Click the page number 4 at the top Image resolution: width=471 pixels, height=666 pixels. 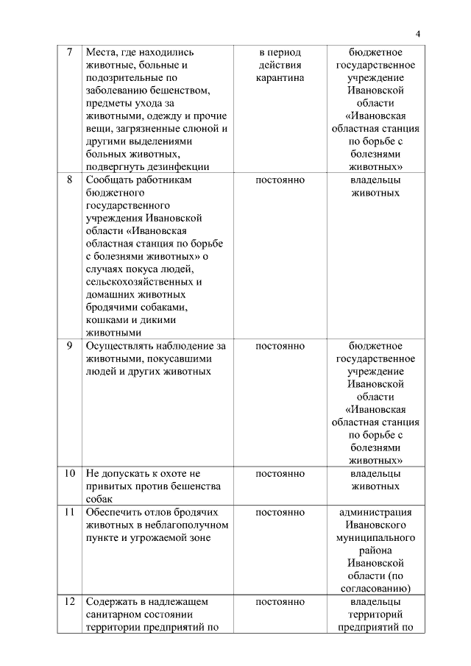[x=417, y=34]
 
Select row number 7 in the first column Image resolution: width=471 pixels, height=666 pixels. [x=69, y=52]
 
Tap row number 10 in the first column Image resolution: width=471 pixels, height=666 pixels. [x=69, y=473]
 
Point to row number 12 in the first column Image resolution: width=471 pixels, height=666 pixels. [x=69, y=601]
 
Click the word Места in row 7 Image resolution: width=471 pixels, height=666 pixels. [x=102, y=52]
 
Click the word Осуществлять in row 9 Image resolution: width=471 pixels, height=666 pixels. [x=121, y=345]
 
